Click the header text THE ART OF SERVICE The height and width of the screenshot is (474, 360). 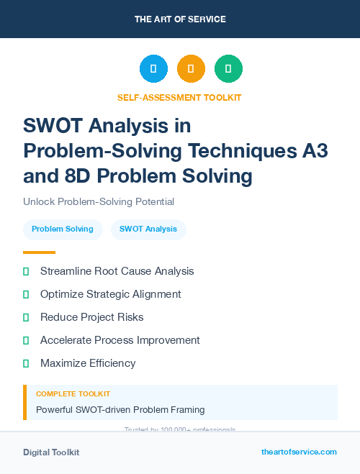pos(180,19)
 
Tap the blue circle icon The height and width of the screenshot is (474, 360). pos(153,69)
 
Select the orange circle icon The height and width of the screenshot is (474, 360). pos(191,69)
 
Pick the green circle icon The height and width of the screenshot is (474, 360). pos(228,69)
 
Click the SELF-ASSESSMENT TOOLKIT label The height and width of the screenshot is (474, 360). pos(179,97)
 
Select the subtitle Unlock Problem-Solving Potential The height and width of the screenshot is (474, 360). pos(99,202)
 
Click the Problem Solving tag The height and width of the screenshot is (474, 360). pos(63,229)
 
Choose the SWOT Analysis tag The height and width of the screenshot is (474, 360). pos(148,229)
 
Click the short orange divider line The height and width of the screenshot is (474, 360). pos(39,252)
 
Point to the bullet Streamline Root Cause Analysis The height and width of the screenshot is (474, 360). pos(117,271)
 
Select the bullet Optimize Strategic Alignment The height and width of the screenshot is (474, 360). pos(111,294)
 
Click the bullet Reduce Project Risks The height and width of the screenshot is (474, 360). pos(92,317)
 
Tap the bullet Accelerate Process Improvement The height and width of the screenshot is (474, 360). pos(120,340)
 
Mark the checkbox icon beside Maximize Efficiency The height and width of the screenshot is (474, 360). pos(26,363)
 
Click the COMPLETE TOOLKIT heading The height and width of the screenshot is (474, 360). pos(73,394)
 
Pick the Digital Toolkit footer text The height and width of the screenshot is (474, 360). pos(51,452)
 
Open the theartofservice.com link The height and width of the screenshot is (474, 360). pos(299,452)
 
